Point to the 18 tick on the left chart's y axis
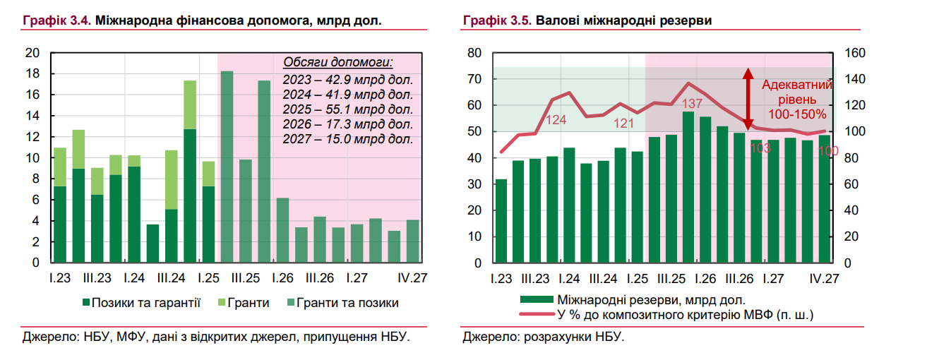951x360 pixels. click(x=32, y=74)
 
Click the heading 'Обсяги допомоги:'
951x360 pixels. click(x=337, y=62)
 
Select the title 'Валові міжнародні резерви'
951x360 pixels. click(x=623, y=21)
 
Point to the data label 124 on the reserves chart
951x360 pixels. click(x=556, y=120)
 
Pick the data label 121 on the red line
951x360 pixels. click(x=623, y=124)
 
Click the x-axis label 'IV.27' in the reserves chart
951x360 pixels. click(x=823, y=279)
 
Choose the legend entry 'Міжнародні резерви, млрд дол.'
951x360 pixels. click(x=650, y=300)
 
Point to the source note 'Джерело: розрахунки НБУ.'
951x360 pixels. click(x=544, y=337)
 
